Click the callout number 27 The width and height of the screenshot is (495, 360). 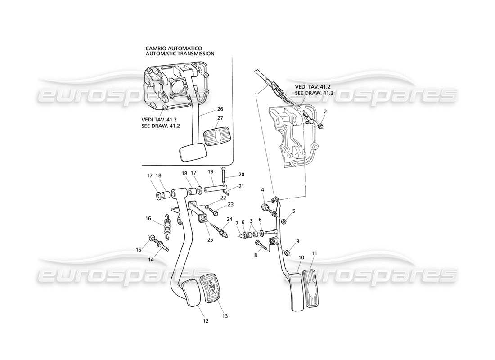point(220,118)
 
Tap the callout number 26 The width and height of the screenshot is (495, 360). point(220,109)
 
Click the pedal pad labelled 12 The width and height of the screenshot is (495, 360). point(193,292)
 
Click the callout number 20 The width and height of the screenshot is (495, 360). point(241,175)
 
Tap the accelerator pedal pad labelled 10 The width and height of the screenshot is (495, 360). point(296,290)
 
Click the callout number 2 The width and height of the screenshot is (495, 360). point(325,111)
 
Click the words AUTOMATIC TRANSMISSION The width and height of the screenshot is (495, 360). point(180,54)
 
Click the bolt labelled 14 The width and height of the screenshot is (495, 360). point(161,246)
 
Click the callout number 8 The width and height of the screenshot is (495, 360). point(256,255)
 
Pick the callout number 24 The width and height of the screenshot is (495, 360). point(230,220)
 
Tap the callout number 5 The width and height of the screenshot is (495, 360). point(294,211)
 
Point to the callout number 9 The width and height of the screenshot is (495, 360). point(297,241)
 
